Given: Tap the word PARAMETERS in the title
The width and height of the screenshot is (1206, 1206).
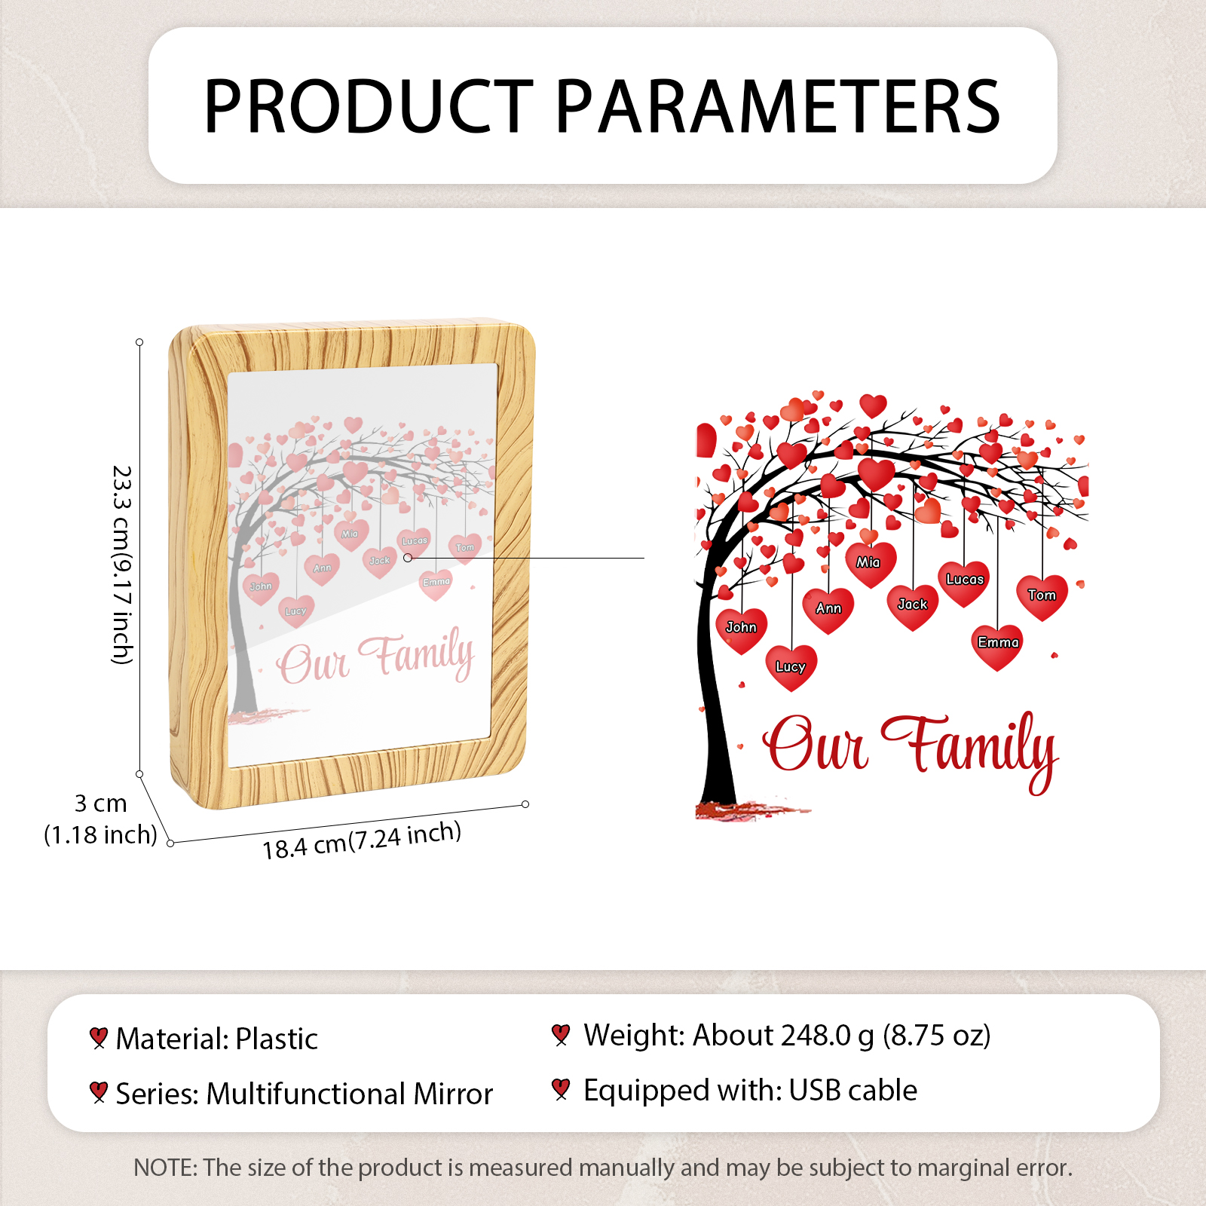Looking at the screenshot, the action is tap(779, 106).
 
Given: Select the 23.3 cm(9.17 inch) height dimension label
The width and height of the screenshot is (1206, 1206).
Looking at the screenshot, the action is tap(123, 565).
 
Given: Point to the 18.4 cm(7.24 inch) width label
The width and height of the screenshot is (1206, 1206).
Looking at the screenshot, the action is tap(362, 840).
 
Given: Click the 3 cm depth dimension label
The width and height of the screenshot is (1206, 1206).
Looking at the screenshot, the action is tap(100, 803).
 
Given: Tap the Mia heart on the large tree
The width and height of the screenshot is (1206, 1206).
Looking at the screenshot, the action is tap(870, 565).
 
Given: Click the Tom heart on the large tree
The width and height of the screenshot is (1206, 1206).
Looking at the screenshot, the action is tap(1042, 597).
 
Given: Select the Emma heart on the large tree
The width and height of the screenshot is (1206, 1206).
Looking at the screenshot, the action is tap(997, 647).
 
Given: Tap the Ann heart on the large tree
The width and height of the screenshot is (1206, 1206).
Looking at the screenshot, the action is tap(828, 611).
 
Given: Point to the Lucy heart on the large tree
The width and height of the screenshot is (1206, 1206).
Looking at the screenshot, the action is tap(791, 668).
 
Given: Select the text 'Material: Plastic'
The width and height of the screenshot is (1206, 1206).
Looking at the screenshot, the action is tap(217, 1039).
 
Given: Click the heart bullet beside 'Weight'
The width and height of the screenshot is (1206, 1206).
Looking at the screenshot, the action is tap(560, 1035).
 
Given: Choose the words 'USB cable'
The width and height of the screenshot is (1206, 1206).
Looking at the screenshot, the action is tap(853, 1090).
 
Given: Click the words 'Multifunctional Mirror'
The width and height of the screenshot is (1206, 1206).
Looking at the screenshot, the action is tap(350, 1094).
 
